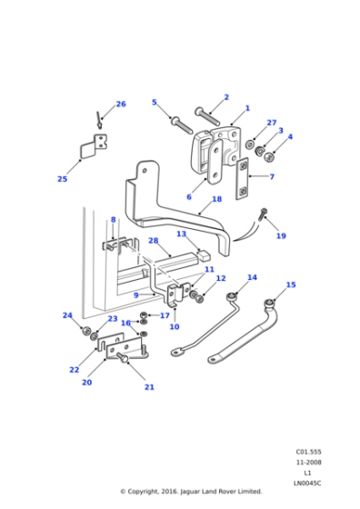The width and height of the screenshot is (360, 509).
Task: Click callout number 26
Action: (x=121, y=104)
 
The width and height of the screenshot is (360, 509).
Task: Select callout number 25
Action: (x=62, y=179)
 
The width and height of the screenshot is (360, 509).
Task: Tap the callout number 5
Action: (x=155, y=103)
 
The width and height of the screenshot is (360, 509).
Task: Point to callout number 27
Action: (x=271, y=122)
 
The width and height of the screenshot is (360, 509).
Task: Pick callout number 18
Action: (x=216, y=198)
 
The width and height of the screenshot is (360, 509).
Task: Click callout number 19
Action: (x=281, y=235)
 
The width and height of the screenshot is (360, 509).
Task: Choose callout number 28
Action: (x=153, y=241)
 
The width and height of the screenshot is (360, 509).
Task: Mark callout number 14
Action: (x=252, y=277)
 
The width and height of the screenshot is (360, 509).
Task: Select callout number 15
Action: (x=291, y=284)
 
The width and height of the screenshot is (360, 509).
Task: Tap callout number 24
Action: (x=67, y=315)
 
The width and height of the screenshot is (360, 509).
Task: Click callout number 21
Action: (x=149, y=387)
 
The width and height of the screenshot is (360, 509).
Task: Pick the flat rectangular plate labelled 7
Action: (x=243, y=180)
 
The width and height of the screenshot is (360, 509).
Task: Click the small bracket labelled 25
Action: (x=92, y=146)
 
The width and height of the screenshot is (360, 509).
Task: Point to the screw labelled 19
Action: (x=262, y=215)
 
